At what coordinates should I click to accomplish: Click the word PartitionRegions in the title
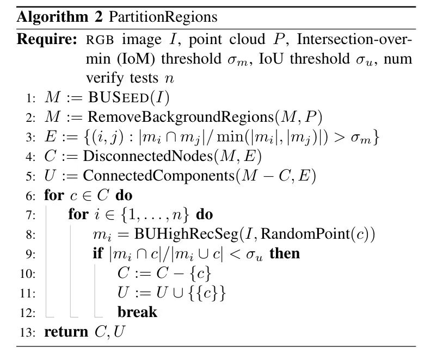[163, 17]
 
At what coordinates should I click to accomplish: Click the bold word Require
[47, 39]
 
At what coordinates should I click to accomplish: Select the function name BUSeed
[119, 97]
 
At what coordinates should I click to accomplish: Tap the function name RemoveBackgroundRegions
[181, 117]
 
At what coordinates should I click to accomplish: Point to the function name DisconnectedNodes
[148, 156]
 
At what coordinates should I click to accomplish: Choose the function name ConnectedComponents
[159, 176]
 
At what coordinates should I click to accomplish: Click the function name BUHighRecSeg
[186, 234]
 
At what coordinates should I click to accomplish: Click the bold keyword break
[137, 313]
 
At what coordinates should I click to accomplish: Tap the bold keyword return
[66, 332]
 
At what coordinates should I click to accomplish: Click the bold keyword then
[285, 254]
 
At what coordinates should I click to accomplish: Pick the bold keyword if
[98, 253]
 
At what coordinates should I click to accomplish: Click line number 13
[28, 333]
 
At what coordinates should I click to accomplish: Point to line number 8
[30, 235]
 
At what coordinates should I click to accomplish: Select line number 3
[30, 137]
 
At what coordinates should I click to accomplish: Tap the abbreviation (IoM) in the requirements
[136, 59]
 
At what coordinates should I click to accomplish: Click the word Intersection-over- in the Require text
[354, 39]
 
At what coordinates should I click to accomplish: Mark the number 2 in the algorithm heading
[98, 17]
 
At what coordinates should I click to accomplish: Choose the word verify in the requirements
[104, 78]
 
